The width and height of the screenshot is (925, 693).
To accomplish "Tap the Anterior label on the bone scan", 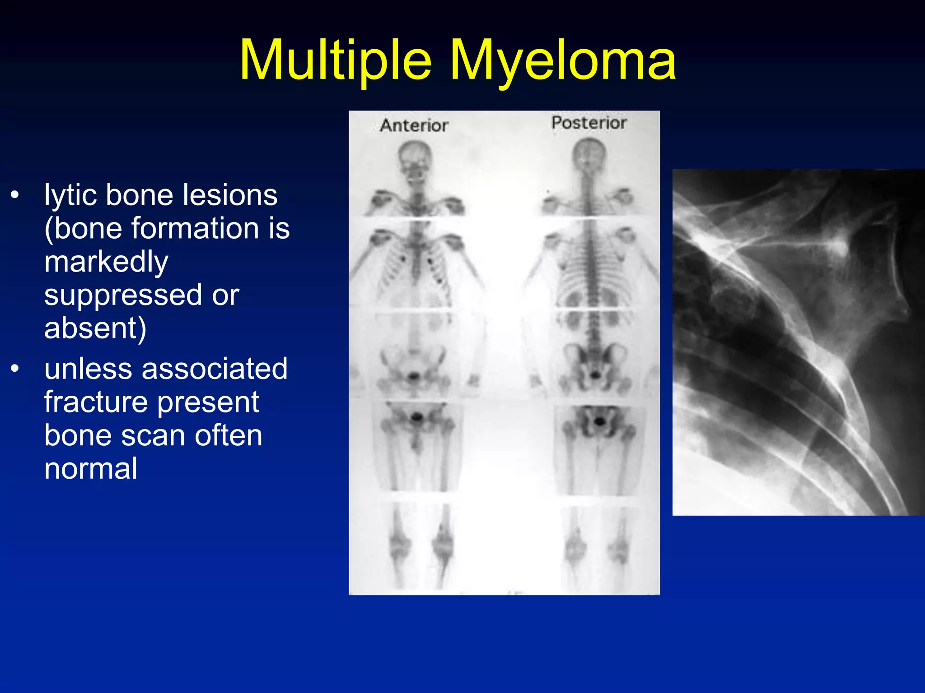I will point(414,125).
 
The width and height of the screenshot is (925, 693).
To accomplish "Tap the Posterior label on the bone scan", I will point(589,123).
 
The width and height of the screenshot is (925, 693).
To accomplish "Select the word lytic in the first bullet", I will point(70,196).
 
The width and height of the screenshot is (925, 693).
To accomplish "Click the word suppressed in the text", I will point(123,296).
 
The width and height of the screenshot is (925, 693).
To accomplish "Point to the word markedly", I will point(106,262).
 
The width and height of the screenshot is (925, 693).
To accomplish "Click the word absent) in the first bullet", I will point(95,328).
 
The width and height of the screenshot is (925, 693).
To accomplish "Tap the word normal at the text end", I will point(91,468).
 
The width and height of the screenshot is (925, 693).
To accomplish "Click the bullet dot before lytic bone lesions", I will point(15,195).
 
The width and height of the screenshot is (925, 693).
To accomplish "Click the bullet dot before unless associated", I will point(15,369).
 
